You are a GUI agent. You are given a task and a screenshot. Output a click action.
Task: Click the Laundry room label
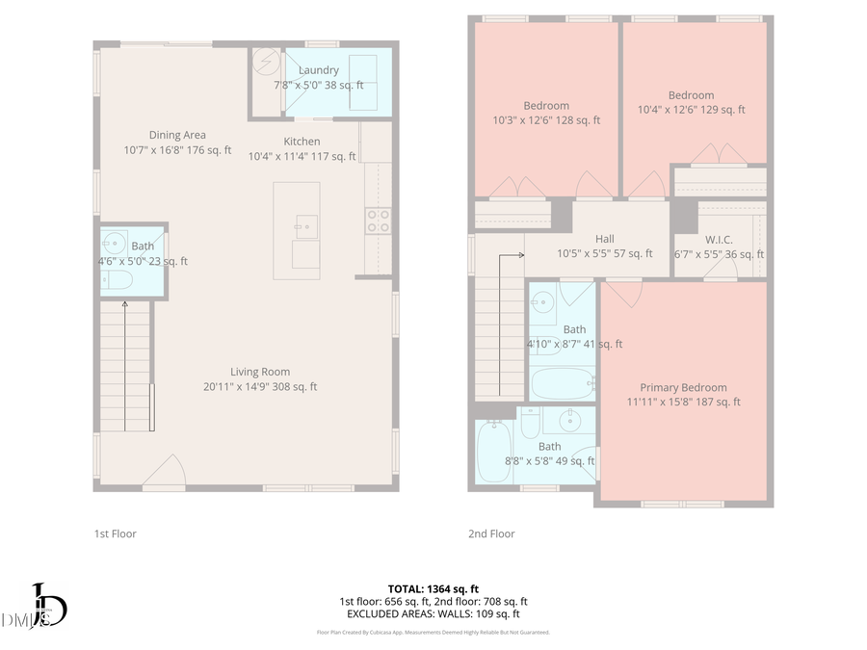click(x=318, y=70)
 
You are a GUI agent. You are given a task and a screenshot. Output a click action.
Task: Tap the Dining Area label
click(x=177, y=135)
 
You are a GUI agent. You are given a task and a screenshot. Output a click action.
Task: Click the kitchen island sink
click(x=307, y=227)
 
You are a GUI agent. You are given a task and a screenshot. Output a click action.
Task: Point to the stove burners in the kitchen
click(x=378, y=221)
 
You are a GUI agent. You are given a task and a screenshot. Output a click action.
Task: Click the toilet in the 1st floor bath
click(x=117, y=279)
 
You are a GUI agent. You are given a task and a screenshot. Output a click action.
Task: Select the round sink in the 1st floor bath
click(x=115, y=241)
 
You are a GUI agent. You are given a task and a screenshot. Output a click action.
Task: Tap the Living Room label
click(x=260, y=372)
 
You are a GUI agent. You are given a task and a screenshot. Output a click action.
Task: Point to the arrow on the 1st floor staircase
click(x=125, y=306)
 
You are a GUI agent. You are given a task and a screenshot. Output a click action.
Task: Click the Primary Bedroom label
click(x=683, y=388)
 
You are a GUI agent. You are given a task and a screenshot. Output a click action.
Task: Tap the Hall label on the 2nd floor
click(x=604, y=239)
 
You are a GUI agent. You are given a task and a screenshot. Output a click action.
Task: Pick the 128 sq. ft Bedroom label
click(x=546, y=106)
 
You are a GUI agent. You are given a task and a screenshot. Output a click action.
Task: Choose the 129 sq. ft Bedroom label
click(x=691, y=95)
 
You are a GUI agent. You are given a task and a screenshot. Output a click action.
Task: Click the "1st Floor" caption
click(x=115, y=533)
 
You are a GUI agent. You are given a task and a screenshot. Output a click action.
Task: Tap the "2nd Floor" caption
click(x=491, y=533)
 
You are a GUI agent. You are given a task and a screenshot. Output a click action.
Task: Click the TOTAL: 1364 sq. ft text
click(x=433, y=588)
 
